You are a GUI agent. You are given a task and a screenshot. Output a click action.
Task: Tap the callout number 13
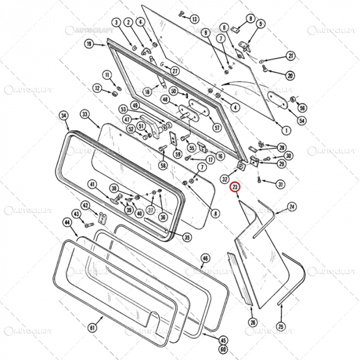click(x=194, y=19)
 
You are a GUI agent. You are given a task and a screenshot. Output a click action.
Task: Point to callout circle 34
click(x=64, y=115)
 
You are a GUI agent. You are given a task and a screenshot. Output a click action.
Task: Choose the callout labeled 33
click(x=85, y=114)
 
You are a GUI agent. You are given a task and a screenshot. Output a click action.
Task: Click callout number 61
click(x=92, y=328)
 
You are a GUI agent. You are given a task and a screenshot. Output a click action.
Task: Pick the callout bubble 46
click(x=205, y=258)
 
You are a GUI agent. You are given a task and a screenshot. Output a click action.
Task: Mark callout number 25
click(x=281, y=326)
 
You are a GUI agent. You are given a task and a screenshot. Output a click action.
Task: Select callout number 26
click(x=253, y=322)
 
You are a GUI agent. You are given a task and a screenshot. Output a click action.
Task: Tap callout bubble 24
click(x=292, y=207)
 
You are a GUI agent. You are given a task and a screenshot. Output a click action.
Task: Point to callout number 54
click(x=302, y=121)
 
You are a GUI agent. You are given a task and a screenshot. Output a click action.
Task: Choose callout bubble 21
click(x=291, y=56)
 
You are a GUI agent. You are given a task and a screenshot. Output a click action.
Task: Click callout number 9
click(x=251, y=19)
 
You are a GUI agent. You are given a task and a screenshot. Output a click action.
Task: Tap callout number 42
click(x=86, y=205)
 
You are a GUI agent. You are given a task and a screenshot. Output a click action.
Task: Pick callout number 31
click(x=280, y=185)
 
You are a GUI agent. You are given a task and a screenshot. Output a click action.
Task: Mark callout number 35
click(x=187, y=237)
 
